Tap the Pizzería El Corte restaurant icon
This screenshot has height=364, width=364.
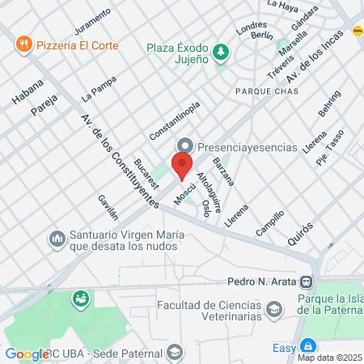25,44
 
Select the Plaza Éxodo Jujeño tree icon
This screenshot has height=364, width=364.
221,53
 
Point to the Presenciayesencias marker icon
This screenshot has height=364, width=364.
186,146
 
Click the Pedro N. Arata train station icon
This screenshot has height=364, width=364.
306,281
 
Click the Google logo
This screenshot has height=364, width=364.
27,353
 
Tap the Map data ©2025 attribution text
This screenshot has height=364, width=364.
330,357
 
